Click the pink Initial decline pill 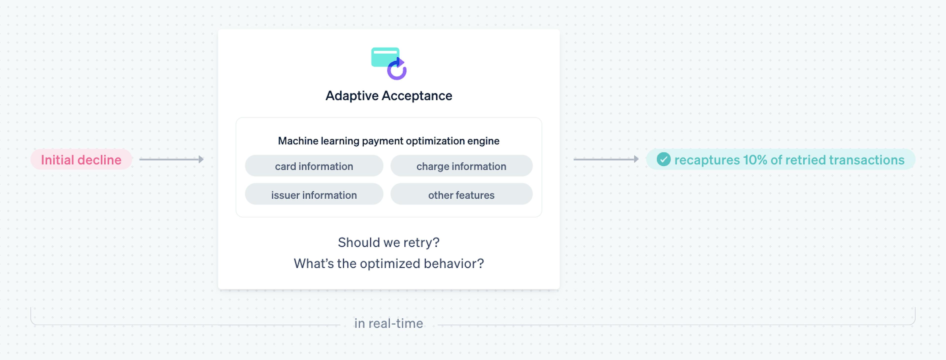click(81, 159)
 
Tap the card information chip click(314, 166)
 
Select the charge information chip click(461, 166)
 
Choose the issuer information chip click(314, 194)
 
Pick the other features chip click(461, 194)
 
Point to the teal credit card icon click(385, 57)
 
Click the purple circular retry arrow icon click(397, 69)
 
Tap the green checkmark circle click(663, 159)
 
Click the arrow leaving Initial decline click(171, 159)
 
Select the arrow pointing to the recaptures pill click(606, 159)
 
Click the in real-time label click(389, 323)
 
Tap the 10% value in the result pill click(755, 160)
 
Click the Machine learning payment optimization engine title click(389, 141)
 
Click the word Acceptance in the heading click(417, 96)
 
